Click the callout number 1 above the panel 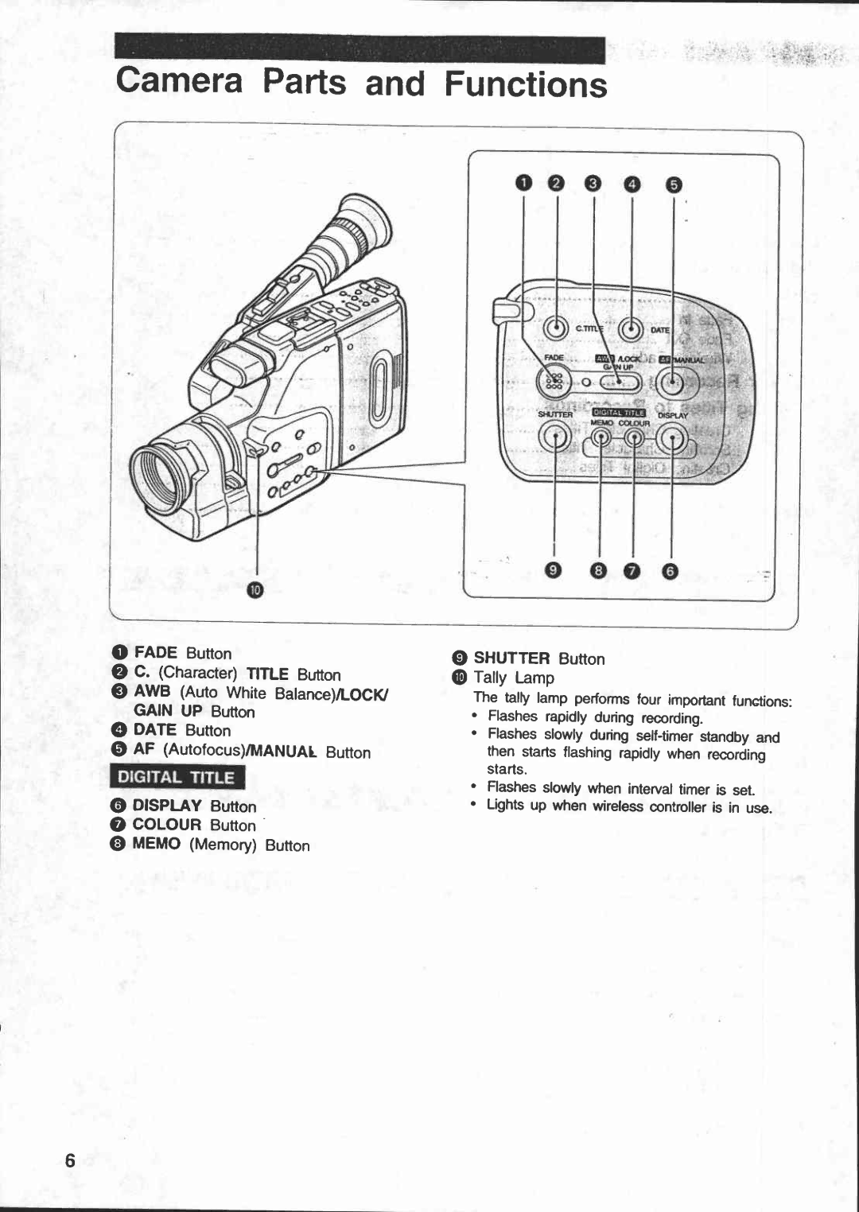point(523,184)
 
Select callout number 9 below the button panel point(554,570)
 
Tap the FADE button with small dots point(554,383)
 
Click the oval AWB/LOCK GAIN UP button point(618,383)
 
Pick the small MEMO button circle point(602,438)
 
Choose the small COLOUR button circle point(634,438)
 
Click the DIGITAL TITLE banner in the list point(177,777)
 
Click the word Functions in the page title point(526,84)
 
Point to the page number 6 point(70,1160)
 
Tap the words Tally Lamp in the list point(514,678)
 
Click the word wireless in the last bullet point(619,806)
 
